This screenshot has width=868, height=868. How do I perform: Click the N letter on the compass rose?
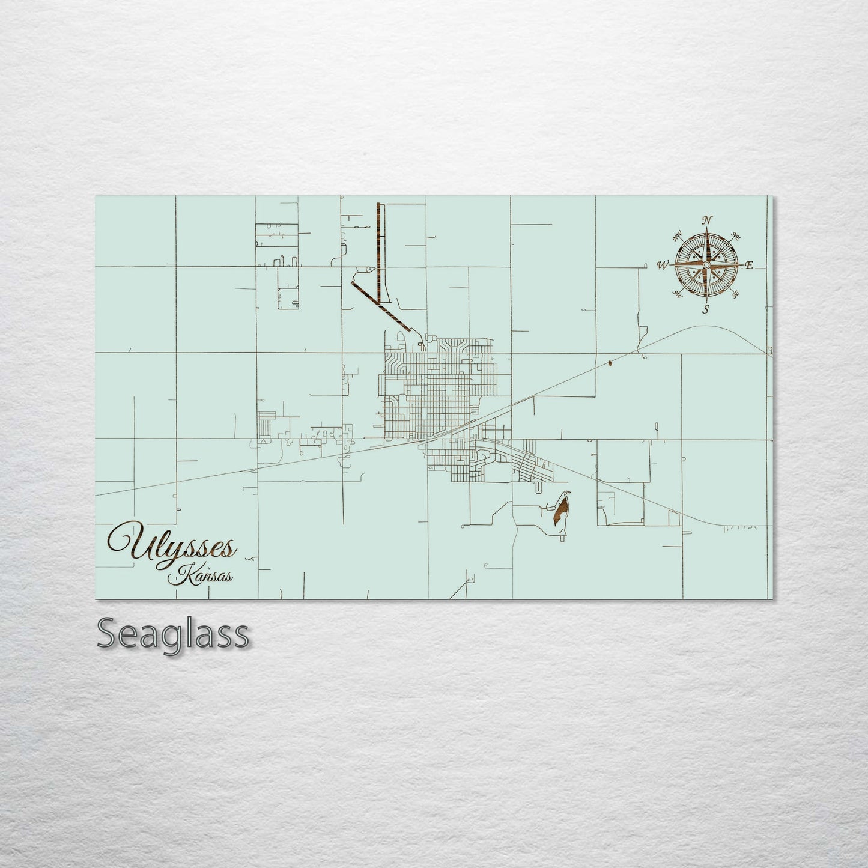tap(708, 219)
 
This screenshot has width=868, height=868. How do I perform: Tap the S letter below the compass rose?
tap(706, 309)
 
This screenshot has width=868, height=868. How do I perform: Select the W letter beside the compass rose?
tap(663, 264)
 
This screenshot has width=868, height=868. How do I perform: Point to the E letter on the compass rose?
tap(749, 265)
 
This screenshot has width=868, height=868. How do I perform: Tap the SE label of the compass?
tap(735, 294)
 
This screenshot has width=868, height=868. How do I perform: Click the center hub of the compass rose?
tap(707, 264)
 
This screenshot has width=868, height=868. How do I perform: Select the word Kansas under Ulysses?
tap(201, 577)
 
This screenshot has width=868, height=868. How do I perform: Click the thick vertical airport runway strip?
tap(378, 252)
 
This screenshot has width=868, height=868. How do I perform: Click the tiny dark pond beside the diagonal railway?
tap(610, 362)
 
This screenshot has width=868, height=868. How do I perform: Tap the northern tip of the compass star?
tap(707, 229)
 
